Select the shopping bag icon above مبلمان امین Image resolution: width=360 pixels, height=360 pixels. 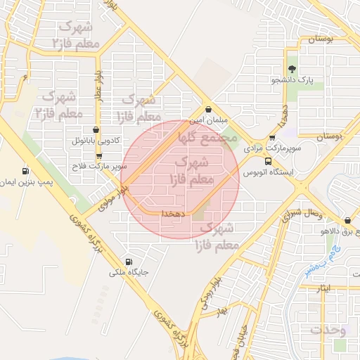point(209,110)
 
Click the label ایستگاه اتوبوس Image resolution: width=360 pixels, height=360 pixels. point(268,172)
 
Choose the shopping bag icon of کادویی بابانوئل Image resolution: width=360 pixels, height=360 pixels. point(96,129)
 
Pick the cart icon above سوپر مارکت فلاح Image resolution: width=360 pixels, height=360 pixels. point(98,156)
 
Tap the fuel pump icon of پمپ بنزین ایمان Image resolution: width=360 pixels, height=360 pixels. point(26,171)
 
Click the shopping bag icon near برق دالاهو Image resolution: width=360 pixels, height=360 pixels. point(347,220)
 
